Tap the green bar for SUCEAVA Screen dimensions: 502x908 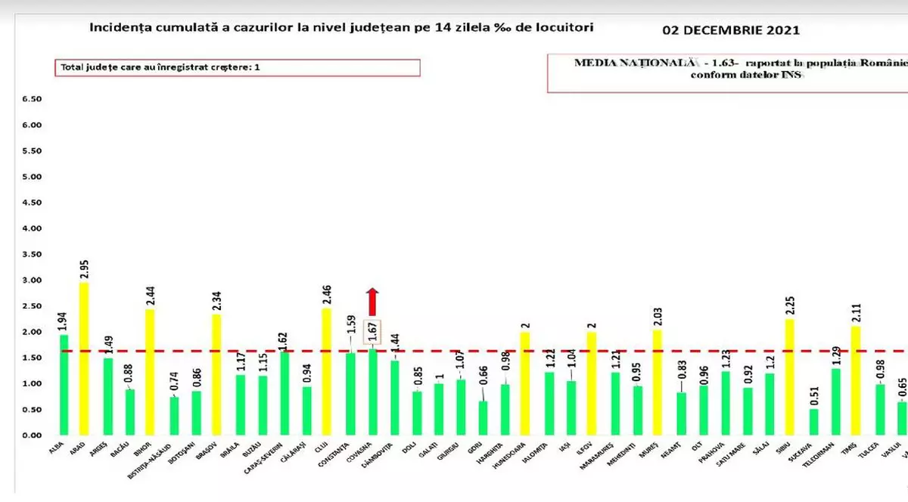tap(813, 422)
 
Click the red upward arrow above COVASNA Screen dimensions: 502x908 tap(372, 302)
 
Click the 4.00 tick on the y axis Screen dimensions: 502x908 tap(31, 228)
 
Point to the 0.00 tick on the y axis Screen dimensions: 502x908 tap(31, 435)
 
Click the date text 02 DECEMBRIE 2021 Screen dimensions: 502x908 tap(730, 31)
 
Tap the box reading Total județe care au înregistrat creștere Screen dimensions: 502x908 tap(237, 67)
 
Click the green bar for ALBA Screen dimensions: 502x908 tap(64, 385)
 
